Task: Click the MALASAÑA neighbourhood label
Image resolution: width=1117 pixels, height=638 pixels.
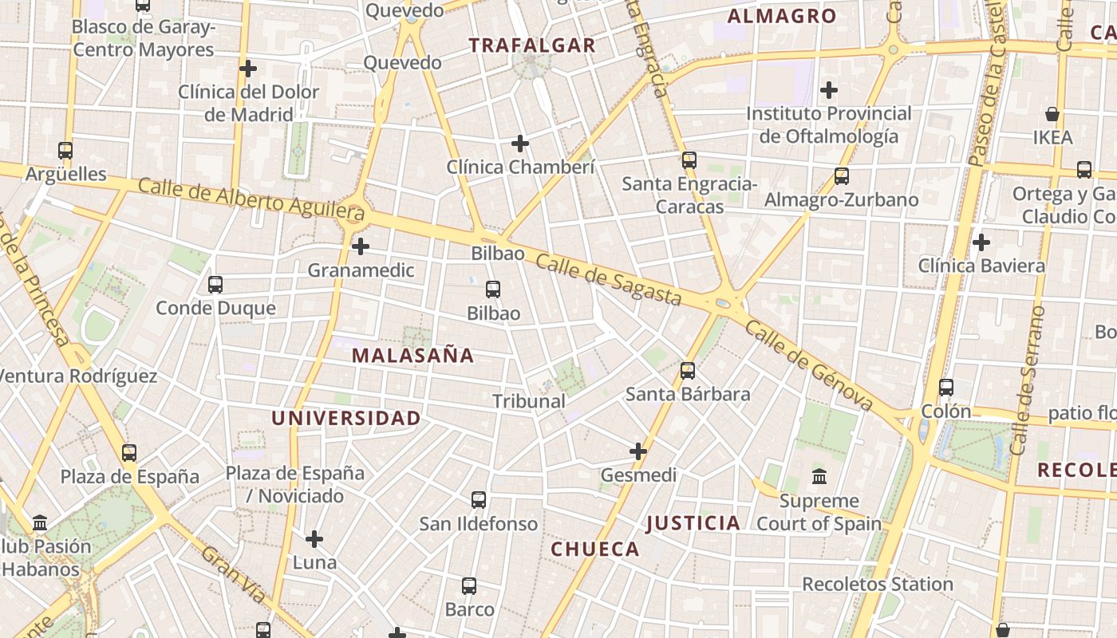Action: tap(412, 356)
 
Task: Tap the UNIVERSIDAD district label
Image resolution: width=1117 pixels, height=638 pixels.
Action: tap(345, 418)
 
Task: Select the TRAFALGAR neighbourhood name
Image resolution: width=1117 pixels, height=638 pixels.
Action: tap(532, 45)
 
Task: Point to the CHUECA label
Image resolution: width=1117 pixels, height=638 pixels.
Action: tap(595, 549)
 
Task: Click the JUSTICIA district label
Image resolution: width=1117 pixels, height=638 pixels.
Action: tap(693, 523)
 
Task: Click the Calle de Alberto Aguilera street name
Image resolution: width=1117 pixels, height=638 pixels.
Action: tap(251, 199)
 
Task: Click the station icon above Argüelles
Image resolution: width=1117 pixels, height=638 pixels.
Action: tap(65, 150)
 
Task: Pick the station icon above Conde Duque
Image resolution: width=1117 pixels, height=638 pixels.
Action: tap(215, 284)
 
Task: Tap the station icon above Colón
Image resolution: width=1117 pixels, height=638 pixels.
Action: tap(946, 388)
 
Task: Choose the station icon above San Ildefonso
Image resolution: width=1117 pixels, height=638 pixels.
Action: tap(479, 500)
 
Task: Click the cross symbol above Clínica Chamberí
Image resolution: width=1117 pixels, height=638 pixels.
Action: tap(520, 144)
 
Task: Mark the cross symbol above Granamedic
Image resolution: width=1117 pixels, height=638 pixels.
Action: tap(361, 246)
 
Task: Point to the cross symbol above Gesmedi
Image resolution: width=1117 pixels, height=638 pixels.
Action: tap(638, 451)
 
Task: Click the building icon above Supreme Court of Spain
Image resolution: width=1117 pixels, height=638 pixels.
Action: tap(819, 477)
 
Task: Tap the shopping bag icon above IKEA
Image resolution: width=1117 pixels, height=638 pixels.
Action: tap(1052, 114)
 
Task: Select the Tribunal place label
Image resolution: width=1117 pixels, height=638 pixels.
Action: tap(529, 401)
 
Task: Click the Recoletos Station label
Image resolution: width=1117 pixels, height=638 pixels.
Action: tap(877, 584)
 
